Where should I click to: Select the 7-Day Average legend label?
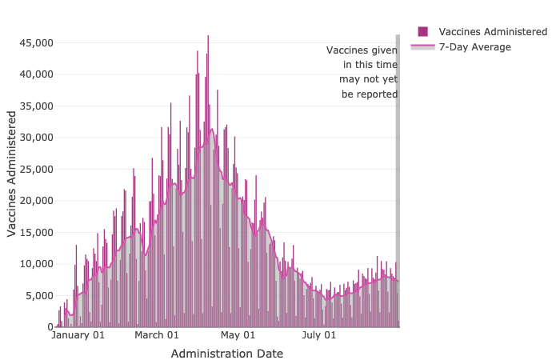point(475,47)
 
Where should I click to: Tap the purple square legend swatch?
point(423,31)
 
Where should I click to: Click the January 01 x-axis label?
point(78,335)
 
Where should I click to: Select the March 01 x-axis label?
point(157,335)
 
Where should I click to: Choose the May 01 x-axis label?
point(238,335)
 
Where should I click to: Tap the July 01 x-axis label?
point(318,335)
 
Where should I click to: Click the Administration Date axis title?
point(226,353)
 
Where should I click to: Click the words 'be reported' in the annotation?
point(370,94)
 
